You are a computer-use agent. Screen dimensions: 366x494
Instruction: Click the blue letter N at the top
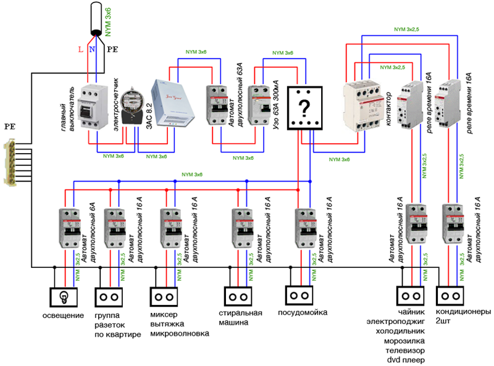tap(91, 49)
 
